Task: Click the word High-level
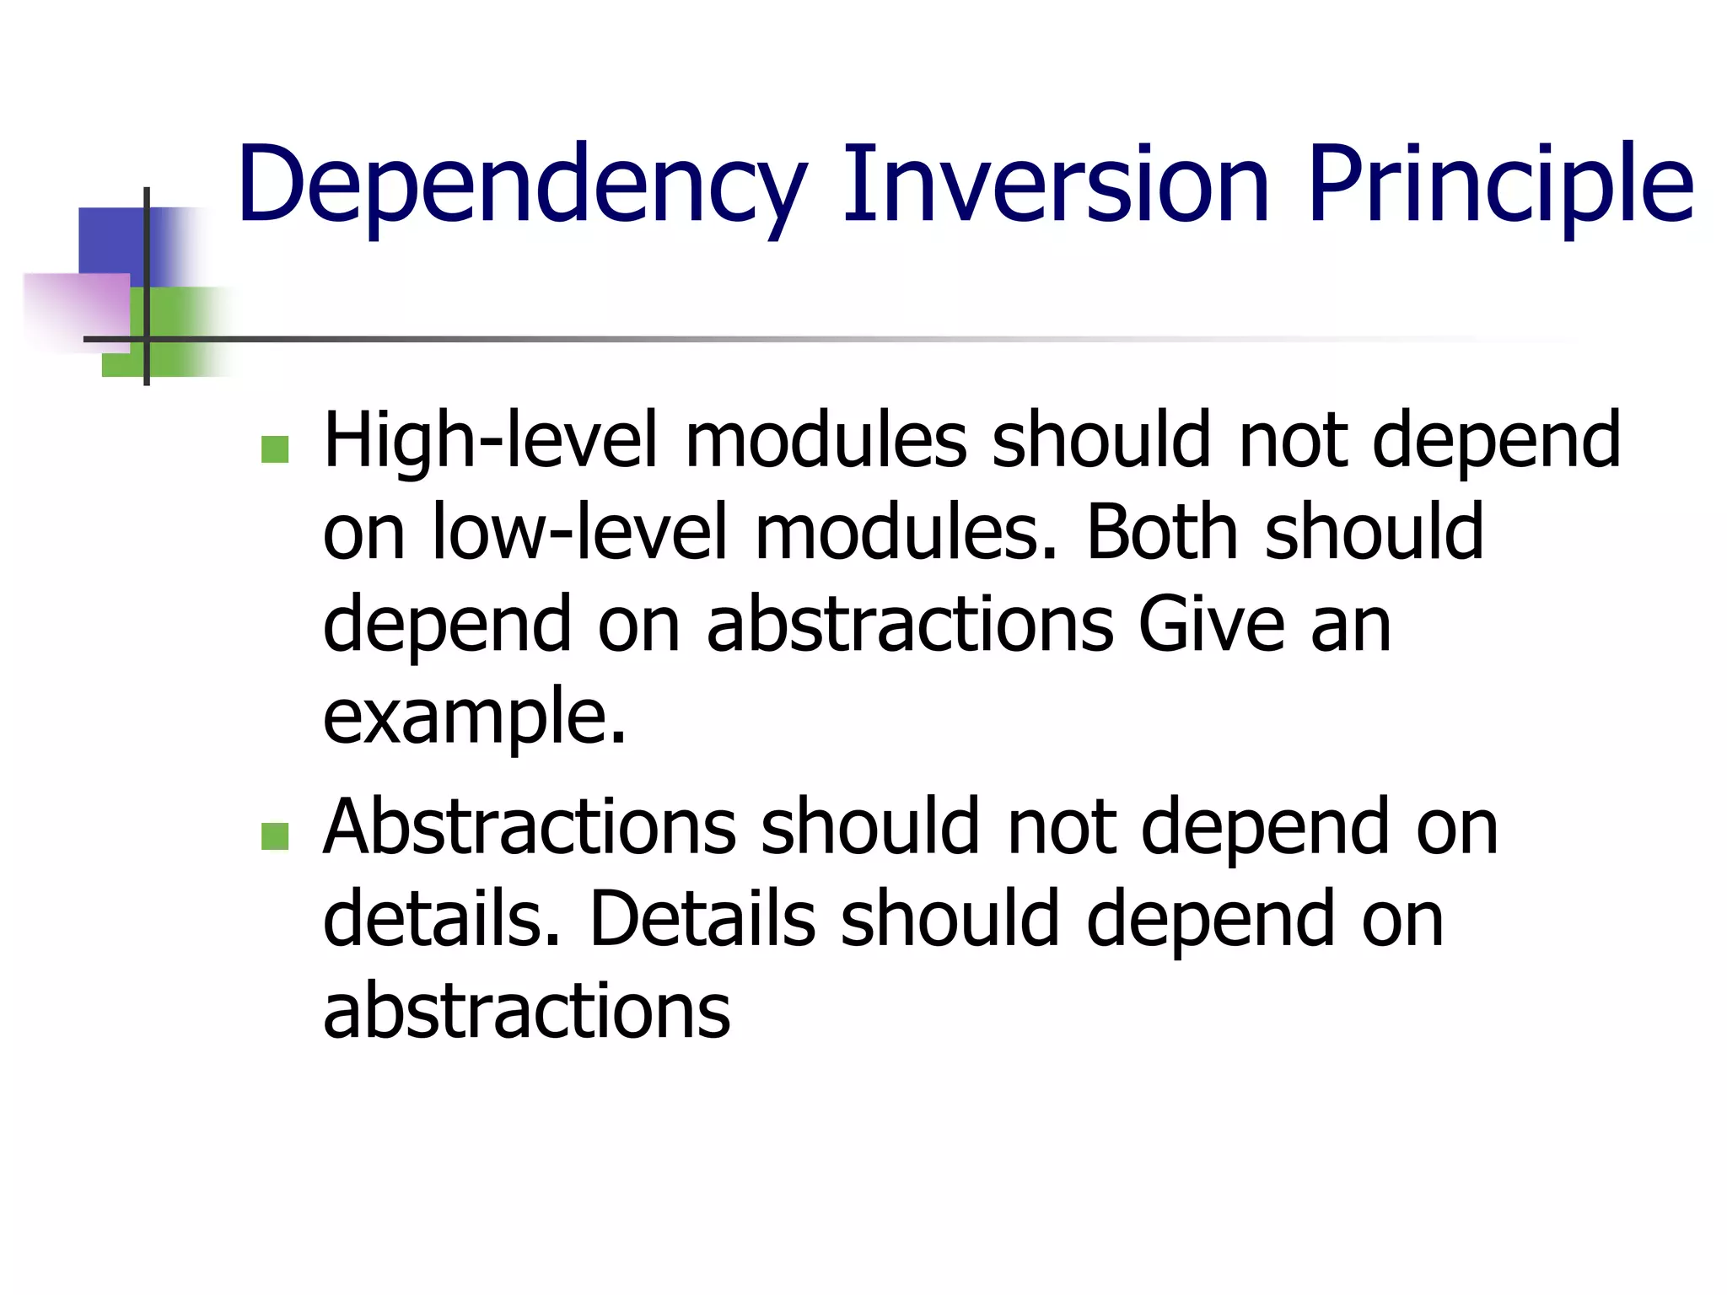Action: [x=490, y=441]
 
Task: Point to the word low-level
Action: [x=579, y=533]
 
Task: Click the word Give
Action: [x=1211, y=625]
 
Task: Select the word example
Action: [x=474, y=717]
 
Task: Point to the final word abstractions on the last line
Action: [x=527, y=1011]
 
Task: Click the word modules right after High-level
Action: [x=826, y=441]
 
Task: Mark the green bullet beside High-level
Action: [x=275, y=449]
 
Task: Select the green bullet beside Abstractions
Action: [x=275, y=836]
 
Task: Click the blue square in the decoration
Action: [x=110, y=240]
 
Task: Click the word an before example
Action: [x=1350, y=625]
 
